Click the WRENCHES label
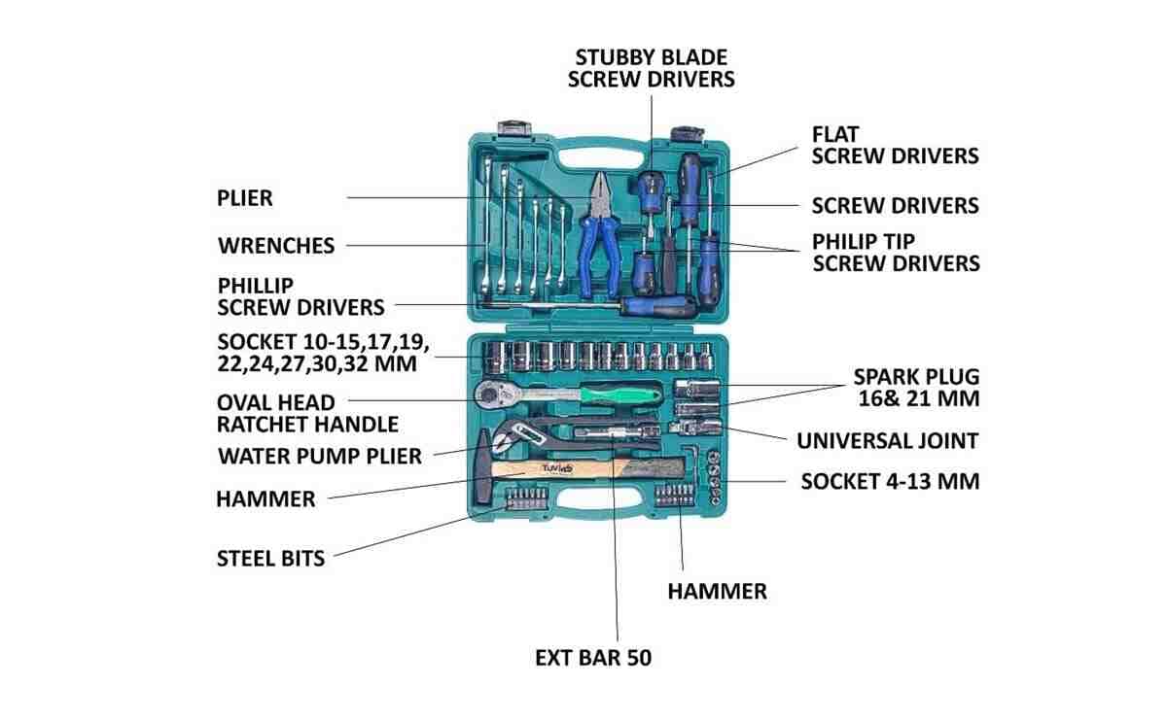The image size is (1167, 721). click(276, 246)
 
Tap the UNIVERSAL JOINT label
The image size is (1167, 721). click(887, 440)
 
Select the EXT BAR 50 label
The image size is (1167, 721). click(593, 658)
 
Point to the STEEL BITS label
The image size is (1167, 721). click(270, 558)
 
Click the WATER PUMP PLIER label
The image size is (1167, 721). click(320, 456)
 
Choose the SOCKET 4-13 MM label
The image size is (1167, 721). click(890, 481)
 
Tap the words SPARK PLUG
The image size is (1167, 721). click(916, 376)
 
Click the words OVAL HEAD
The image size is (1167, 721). click(276, 402)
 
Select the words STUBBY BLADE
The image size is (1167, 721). click(652, 56)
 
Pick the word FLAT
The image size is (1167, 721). click(835, 133)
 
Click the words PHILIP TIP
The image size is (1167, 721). click(864, 240)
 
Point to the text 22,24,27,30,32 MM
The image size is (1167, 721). click(317, 364)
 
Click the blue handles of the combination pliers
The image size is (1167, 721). click(594, 251)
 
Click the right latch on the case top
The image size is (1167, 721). click(684, 132)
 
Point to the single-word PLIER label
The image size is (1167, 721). click(245, 198)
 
